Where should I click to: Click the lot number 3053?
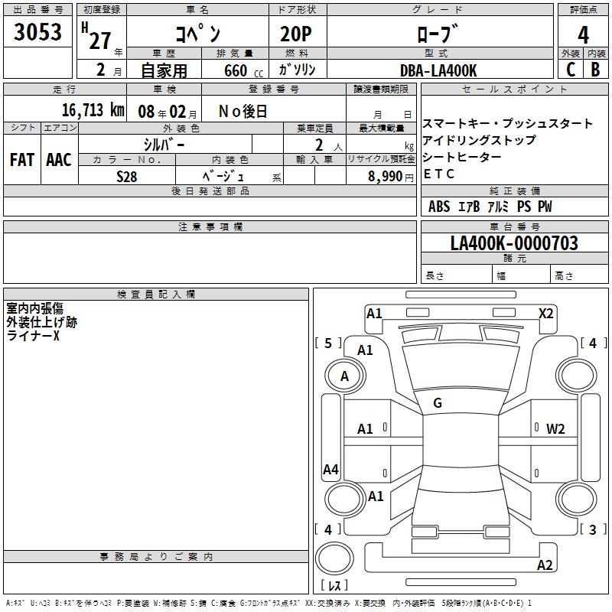(x=38, y=33)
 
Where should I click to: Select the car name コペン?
(x=198, y=34)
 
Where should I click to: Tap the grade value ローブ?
(x=438, y=34)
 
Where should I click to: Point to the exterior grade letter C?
(x=570, y=69)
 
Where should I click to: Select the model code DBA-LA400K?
(x=438, y=70)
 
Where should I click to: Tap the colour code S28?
(x=127, y=175)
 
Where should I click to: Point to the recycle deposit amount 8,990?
(x=386, y=175)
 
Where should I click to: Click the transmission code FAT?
(x=22, y=159)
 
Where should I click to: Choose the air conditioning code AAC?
(x=59, y=159)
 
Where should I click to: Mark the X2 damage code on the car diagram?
(x=546, y=314)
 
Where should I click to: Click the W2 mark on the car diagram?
(x=555, y=428)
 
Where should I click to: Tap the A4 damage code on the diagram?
(x=330, y=470)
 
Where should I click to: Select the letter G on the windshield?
(x=438, y=403)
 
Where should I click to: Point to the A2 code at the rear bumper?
(x=545, y=565)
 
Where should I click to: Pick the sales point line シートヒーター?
(x=462, y=157)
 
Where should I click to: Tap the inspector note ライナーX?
(x=33, y=336)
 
